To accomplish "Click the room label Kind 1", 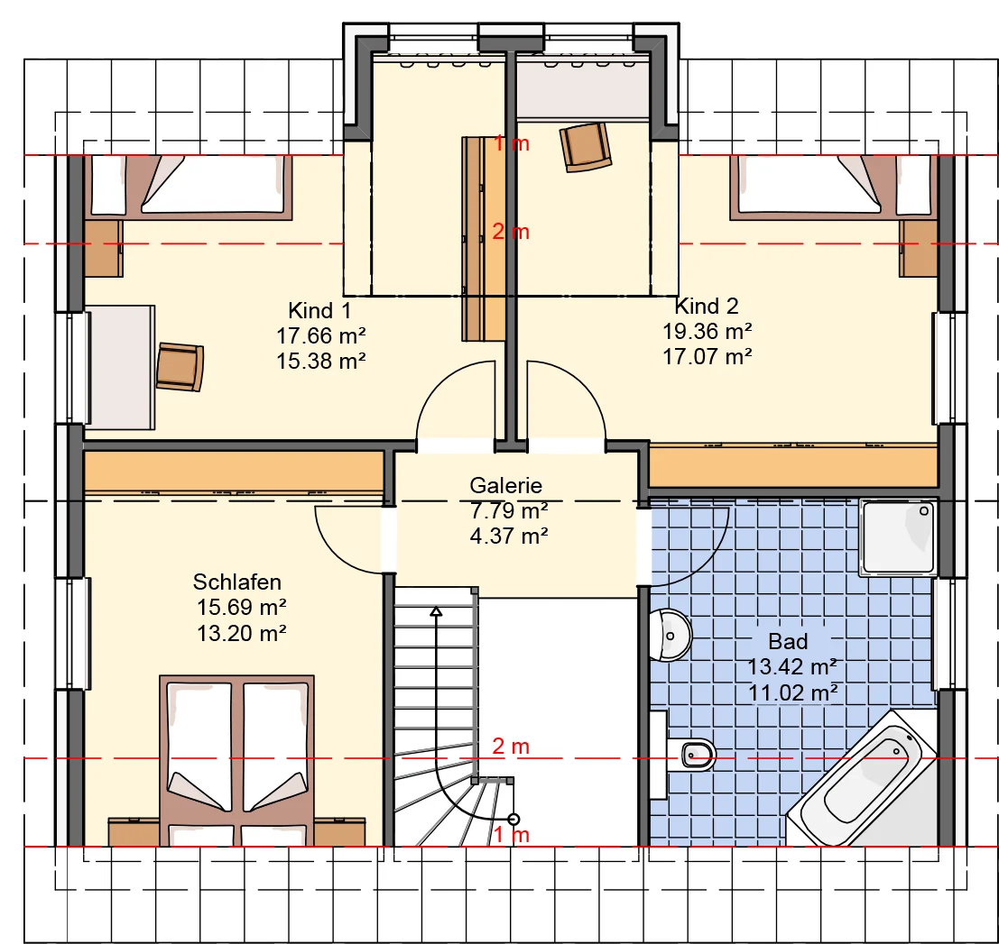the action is coord(319,311).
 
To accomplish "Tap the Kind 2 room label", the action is coord(707,307).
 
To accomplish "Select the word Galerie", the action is coord(506,486).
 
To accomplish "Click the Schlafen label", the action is coord(237,582).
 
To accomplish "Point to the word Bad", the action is coord(788,641).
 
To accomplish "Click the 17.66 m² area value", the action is coord(321,335).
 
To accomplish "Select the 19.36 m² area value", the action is coord(708,331).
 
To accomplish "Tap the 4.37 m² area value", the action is coord(509,536).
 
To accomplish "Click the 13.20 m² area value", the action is coord(242,633).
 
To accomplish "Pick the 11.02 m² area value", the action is coord(793,692).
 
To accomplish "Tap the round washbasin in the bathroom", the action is coord(671,636).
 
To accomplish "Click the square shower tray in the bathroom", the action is coord(897,537).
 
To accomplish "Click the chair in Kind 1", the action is coord(180,367).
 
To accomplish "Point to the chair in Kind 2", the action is coord(585,147).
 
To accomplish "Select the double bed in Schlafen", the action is coord(237,761).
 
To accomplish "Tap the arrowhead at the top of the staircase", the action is coord(436,611).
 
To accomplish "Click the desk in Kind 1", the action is coord(120,367).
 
